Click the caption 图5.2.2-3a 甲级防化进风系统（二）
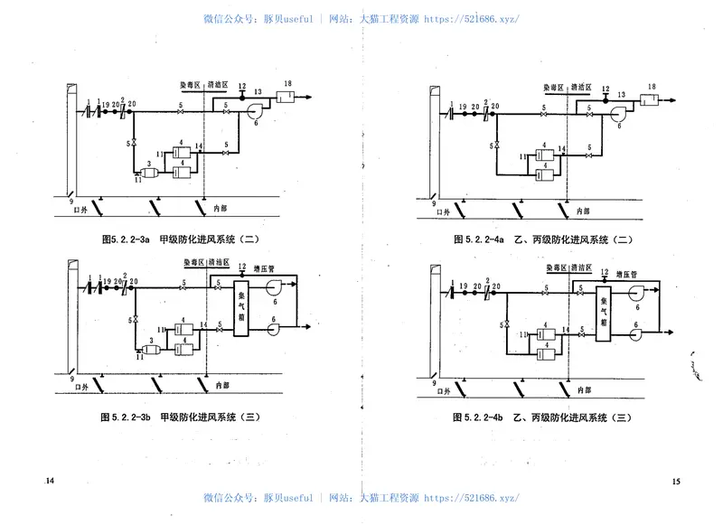point(181,240)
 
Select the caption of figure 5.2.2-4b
point(541,417)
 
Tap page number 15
point(676,481)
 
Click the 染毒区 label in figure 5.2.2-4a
point(553,88)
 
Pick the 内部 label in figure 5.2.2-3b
point(221,385)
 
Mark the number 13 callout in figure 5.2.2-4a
point(622,94)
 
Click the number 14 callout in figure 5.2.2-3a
point(198,146)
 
